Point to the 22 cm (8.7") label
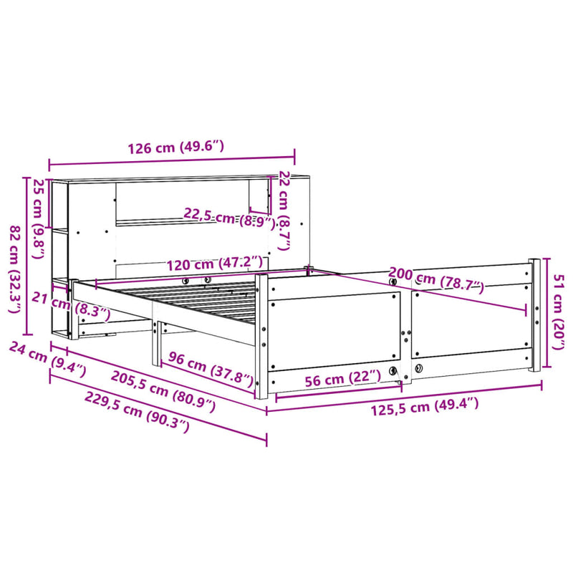tap(284, 210)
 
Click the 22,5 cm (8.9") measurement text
tap(229, 217)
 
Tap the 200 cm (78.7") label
tap(436, 280)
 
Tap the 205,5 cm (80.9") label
tap(163, 390)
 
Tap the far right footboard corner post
tap(534, 315)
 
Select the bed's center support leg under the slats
tap(155, 344)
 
